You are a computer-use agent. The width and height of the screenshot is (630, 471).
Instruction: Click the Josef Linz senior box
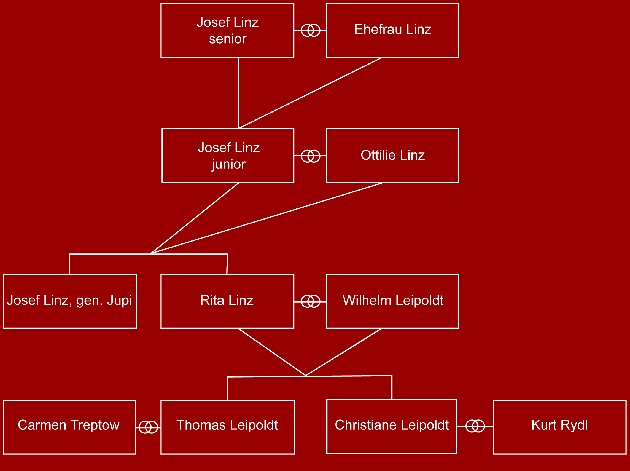227,30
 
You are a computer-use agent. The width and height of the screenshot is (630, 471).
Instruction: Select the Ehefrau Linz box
392,30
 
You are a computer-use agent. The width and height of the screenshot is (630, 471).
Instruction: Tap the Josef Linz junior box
228,156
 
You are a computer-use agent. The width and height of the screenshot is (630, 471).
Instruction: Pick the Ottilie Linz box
392,156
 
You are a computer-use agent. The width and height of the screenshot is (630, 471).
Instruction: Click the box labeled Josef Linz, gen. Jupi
70,301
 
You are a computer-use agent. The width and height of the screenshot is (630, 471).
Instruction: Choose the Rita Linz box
227,301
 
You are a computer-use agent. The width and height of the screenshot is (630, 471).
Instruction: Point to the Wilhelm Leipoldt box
392,301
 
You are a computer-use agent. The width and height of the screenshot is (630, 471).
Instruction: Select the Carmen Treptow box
69,427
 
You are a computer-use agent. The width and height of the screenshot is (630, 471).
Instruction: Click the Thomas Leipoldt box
228,427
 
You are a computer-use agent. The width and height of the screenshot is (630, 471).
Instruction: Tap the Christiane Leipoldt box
392,427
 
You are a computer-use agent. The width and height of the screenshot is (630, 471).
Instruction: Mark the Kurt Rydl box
560,427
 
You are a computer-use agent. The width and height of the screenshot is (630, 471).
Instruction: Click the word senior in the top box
228,39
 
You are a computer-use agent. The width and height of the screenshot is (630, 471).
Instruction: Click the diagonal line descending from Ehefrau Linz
310,93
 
